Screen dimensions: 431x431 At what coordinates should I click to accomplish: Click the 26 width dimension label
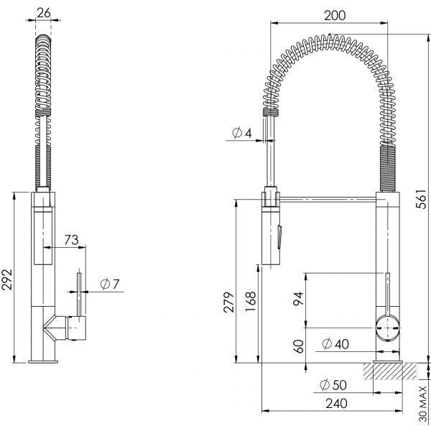tap(45, 11)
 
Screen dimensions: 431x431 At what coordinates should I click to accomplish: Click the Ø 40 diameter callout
tap(335, 343)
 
